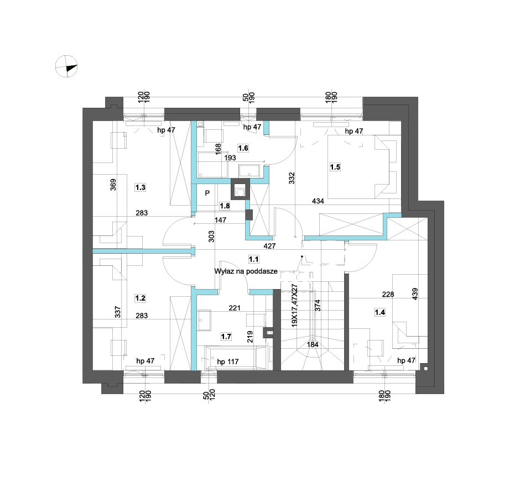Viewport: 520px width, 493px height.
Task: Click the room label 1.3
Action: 141,187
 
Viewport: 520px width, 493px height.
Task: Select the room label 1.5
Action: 335,167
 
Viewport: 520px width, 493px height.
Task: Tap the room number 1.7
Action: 226,337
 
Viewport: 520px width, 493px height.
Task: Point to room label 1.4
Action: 379,312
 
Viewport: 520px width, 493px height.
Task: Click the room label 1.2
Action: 141,298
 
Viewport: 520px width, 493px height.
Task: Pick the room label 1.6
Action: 243,148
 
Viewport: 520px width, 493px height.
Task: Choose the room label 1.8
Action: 225,206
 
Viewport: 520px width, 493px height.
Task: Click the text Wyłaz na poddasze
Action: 246,271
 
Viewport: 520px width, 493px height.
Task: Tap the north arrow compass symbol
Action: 66,66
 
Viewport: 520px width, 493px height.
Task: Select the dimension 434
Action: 318,201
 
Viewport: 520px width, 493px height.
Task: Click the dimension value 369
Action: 113,185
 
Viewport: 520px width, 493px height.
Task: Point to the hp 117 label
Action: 228,362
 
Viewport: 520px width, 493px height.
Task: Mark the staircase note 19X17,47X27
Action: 294,306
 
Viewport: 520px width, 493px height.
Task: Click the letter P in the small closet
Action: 207,193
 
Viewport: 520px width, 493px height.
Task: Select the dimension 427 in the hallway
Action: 269,246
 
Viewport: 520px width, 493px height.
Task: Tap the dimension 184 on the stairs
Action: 313,344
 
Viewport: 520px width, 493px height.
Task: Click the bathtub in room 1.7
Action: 236,358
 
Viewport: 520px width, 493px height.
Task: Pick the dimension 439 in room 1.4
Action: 414,294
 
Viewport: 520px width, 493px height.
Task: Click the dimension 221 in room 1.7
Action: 235,308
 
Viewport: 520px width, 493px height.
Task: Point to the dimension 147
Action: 221,219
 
